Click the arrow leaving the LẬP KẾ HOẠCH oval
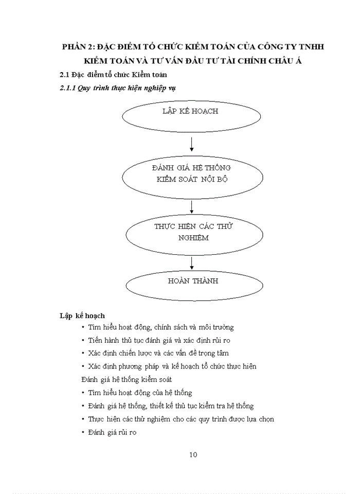192,146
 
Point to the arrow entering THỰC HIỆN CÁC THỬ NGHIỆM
192,207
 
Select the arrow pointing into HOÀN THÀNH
192,262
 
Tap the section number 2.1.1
68,88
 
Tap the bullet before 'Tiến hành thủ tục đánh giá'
83,340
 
